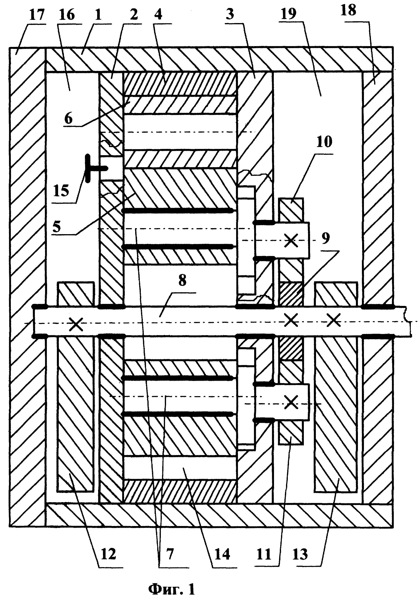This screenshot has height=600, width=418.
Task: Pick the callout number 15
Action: (x=61, y=191)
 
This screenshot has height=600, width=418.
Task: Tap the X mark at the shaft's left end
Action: (x=76, y=324)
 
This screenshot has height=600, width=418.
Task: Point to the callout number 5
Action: (x=56, y=227)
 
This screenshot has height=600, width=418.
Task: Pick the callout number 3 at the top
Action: (x=230, y=14)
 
